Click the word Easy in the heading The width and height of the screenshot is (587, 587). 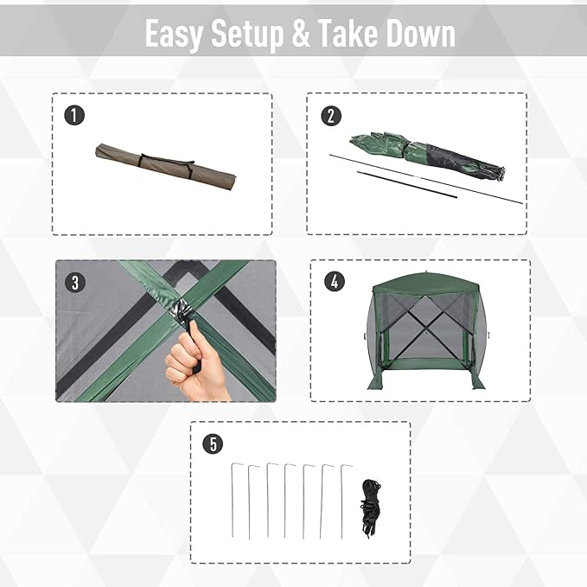coord(176,35)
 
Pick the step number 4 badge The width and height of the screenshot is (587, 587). coord(332,282)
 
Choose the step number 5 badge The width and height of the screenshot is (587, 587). coord(212,443)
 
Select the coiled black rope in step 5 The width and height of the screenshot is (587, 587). coord(371,510)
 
